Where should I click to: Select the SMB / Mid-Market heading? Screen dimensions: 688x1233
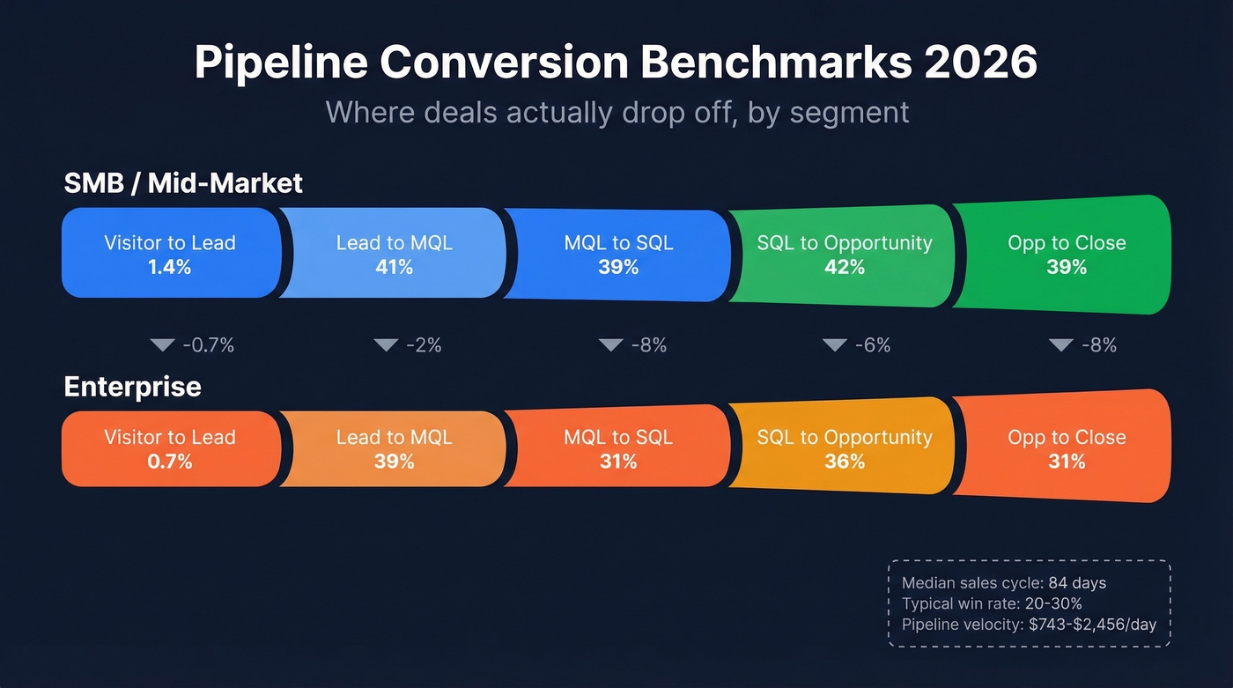pyautogui.click(x=183, y=182)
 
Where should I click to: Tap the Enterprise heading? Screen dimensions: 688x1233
pyautogui.click(x=133, y=387)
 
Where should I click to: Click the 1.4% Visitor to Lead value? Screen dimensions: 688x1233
pyautogui.click(x=170, y=267)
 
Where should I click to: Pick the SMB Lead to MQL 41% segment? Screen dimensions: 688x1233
pyautogui.click(x=394, y=255)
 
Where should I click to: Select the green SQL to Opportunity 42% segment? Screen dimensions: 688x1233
pyautogui.click(x=844, y=255)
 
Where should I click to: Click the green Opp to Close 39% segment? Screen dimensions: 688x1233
pyautogui.click(x=1066, y=255)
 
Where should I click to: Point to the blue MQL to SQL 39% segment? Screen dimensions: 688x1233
pyautogui.click(x=618, y=255)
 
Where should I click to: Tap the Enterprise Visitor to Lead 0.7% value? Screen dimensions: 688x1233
pyautogui.click(x=170, y=462)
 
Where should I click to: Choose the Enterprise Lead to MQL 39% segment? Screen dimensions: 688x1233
pyautogui.click(x=394, y=449)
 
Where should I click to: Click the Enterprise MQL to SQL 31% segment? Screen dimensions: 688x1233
pyautogui.click(x=618, y=449)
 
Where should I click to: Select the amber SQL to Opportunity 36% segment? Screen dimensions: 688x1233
pyautogui.click(x=844, y=449)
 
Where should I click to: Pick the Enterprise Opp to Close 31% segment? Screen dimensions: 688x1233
pyautogui.click(x=1066, y=449)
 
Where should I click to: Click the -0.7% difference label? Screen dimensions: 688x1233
pyautogui.click(x=208, y=345)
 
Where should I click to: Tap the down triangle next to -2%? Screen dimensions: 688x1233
pyautogui.click(x=386, y=345)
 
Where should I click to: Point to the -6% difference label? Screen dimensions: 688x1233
pyautogui.click(x=873, y=345)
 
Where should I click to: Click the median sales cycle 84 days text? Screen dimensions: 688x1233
pyautogui.click(x=1004, y=583)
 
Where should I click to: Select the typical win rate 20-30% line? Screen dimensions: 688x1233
pyautogui.click(x=992, y=604)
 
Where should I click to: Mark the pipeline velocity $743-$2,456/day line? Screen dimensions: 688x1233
pyautogui.click(x=1029, y=625)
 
